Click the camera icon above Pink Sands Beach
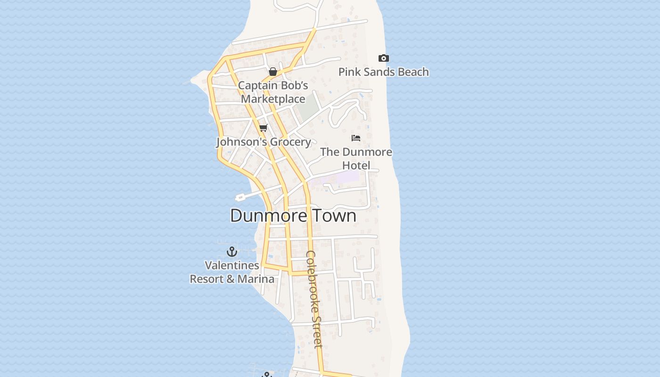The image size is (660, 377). [384, 58]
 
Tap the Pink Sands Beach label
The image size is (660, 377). [384, 72]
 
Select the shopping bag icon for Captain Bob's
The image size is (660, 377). [272, 72]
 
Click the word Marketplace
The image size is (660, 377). [273, 99]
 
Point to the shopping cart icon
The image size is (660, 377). [264, 128]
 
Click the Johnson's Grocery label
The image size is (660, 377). [264, 142]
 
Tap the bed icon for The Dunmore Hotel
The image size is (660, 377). [356, 138]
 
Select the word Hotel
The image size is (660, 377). [356, 165]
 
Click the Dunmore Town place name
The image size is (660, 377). [293, 216]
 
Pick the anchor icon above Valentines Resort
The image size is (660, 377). [231, 251]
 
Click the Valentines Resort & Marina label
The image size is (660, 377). [232, 272]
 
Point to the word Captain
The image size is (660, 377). [257, 86]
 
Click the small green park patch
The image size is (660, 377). [308, 111]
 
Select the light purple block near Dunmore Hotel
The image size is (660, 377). [347, 178]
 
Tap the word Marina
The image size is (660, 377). [256, 279]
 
